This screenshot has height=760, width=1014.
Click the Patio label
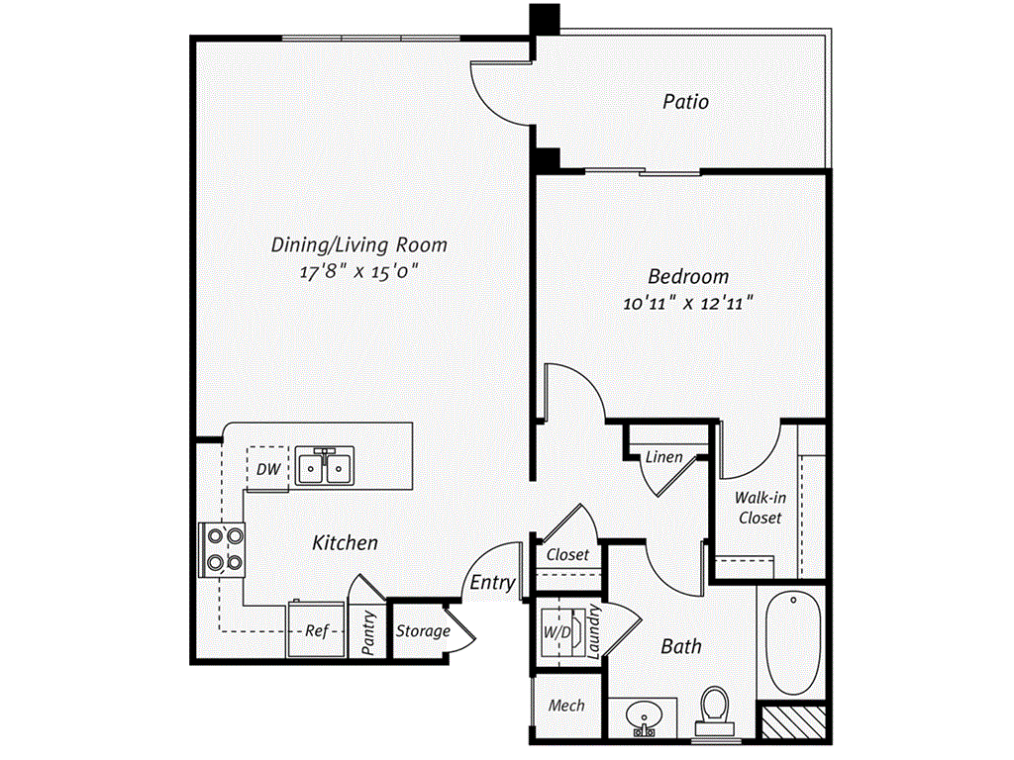click(x=685, y=102)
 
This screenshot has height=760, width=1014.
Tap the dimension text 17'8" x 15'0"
click(x=358, y=271)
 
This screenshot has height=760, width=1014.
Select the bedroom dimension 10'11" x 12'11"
click(x=688, y=303)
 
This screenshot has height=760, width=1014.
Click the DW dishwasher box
click(x=267, y=468)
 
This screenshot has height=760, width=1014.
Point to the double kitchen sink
click(x=325, y=465)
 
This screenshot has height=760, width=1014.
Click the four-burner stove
click(x=222, y=550)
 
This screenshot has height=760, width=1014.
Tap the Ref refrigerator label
click(x=317, y=630)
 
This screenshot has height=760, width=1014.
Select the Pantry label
click(x=368, y=632)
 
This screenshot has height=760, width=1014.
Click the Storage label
click(x=423, y=630)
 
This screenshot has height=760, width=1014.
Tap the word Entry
click(x=492, y=582)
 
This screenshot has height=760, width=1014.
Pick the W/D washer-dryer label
click(x=557, y=632)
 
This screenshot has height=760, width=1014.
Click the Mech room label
click(x=566, y=705)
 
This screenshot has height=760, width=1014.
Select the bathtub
click(x=793, y=642)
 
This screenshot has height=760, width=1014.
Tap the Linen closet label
click(x=664, y=457)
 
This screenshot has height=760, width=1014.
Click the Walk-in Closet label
click(x=760, y=508)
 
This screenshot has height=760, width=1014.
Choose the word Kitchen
click(x=345, y=542)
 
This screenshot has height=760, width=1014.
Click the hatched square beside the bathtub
click(x=794, y=721)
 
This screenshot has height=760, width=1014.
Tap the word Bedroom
click(x=688, y=277)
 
